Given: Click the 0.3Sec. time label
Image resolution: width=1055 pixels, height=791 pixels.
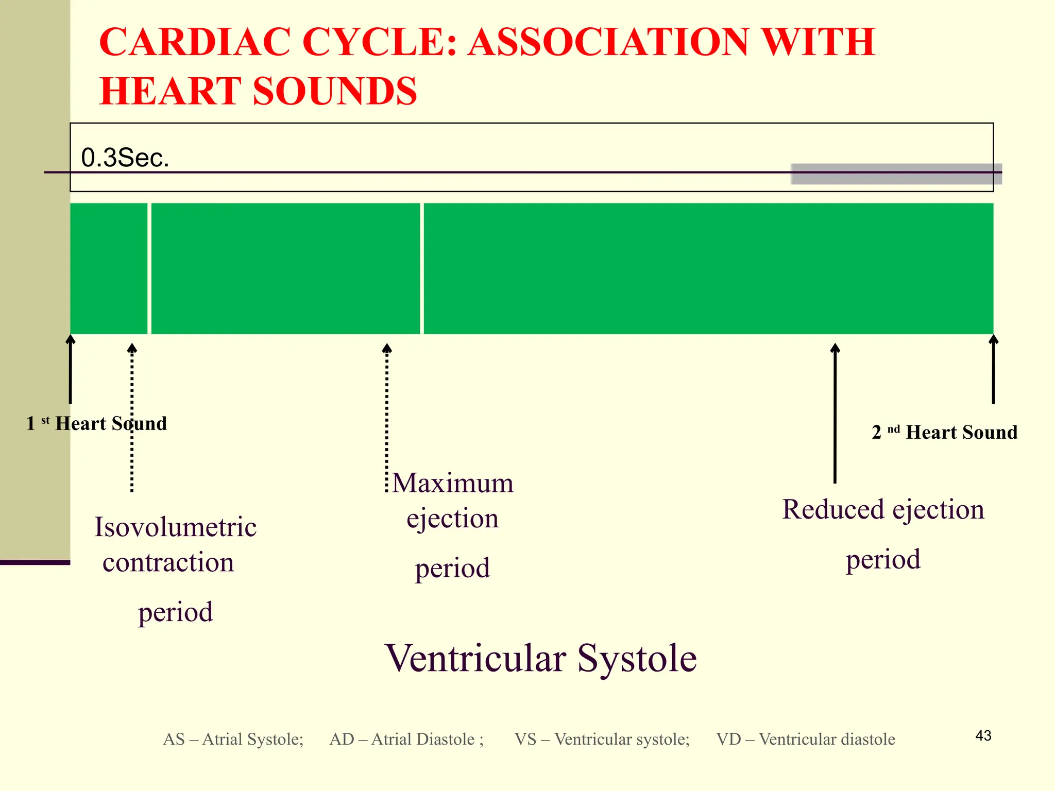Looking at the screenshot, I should coord(125,158).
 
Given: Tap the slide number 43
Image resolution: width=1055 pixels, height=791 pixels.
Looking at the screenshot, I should coord(983,735).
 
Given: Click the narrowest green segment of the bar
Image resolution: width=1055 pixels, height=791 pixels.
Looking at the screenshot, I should coord(109,268).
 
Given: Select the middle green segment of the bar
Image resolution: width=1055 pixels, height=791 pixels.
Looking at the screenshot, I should coord(285,268).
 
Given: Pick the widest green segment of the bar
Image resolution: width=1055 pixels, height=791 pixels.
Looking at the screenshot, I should coord(708,268).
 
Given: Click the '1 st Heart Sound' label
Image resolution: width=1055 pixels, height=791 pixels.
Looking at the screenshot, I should coord(96,423).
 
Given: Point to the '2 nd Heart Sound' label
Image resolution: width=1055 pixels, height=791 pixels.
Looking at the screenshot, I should coord(944,432).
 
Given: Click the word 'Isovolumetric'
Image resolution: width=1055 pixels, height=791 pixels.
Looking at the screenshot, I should coord(175,527).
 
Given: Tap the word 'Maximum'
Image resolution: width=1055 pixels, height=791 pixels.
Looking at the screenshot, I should coord(453,483).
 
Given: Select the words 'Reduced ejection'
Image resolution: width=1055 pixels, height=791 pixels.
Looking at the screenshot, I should coord(883,509).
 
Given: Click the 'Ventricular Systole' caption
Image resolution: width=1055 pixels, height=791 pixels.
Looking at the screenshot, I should coord(541,658).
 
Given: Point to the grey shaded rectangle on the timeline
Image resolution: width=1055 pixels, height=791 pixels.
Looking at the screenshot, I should coord(896,174).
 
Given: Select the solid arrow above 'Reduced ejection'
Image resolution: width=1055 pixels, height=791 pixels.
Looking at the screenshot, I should coord(835,412).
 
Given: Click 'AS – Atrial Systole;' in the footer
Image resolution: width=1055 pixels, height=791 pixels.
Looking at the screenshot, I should coord(233,739).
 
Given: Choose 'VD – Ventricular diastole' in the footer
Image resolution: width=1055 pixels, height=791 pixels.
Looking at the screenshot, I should coord(805,739).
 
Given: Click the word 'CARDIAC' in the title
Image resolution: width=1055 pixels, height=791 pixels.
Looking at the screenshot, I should coord(194,42).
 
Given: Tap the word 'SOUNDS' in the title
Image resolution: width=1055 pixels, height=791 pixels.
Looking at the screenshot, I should coord(335,91).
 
